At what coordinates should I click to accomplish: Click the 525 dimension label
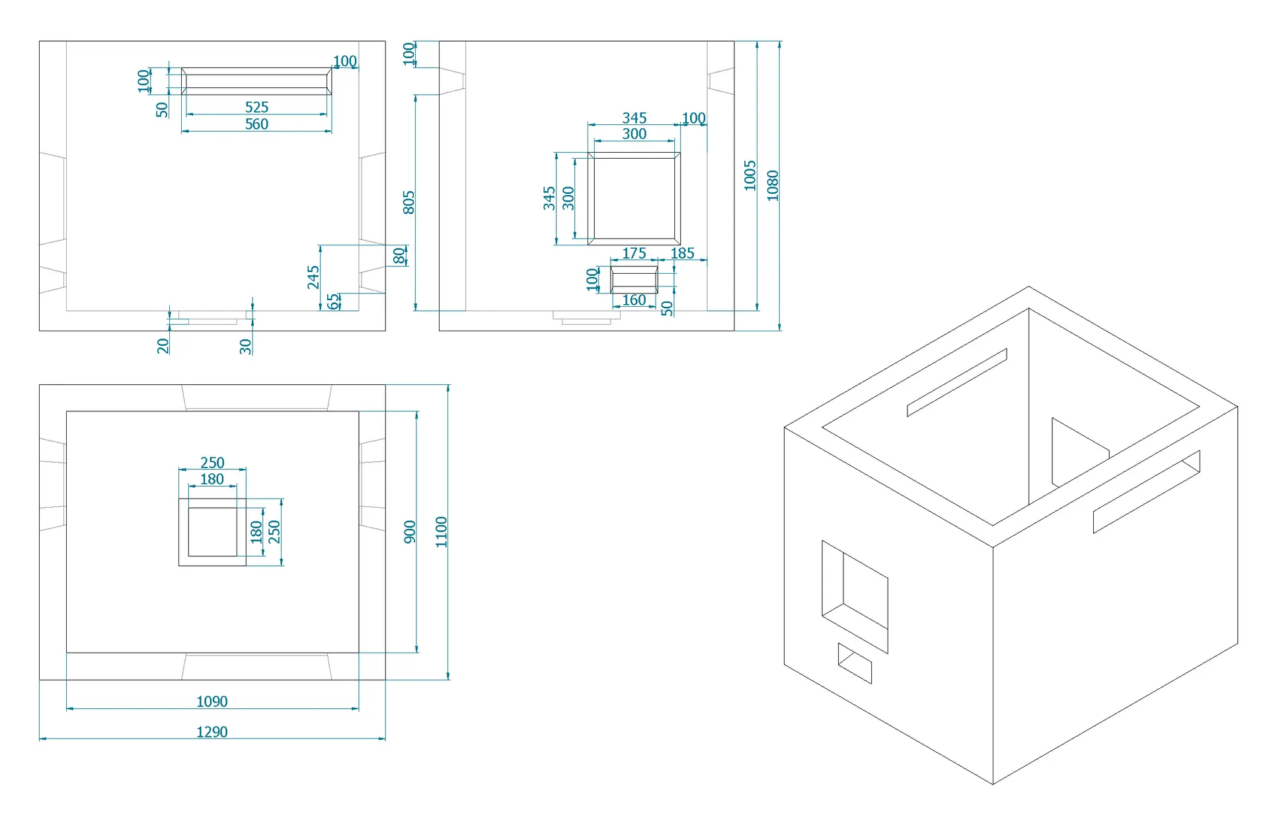[x=256, y=107]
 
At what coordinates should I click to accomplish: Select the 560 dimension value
[x=256, y=124]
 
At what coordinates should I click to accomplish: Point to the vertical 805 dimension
[x=408, y=202]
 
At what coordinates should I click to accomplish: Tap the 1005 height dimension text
[x=750, y=175]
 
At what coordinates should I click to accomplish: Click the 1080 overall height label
[x=773, y=186]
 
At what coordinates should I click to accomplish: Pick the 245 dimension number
[x=313, y=278]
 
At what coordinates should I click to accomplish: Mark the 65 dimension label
[x=333, y=302]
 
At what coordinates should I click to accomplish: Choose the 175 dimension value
[x=634, y=253]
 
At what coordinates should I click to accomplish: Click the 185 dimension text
[x=682, y=253]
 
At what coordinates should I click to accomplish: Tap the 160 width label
[x=634, y=300]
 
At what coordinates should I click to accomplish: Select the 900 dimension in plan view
[x=410, y=532]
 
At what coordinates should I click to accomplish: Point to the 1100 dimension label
[x=442, y=532]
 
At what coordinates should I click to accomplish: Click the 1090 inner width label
[x=212, y=702]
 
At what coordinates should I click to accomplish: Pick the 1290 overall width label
[x=212, y=732]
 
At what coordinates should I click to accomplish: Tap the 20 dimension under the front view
[x=163, y=346]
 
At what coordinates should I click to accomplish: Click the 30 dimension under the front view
[x=245, y=346]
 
